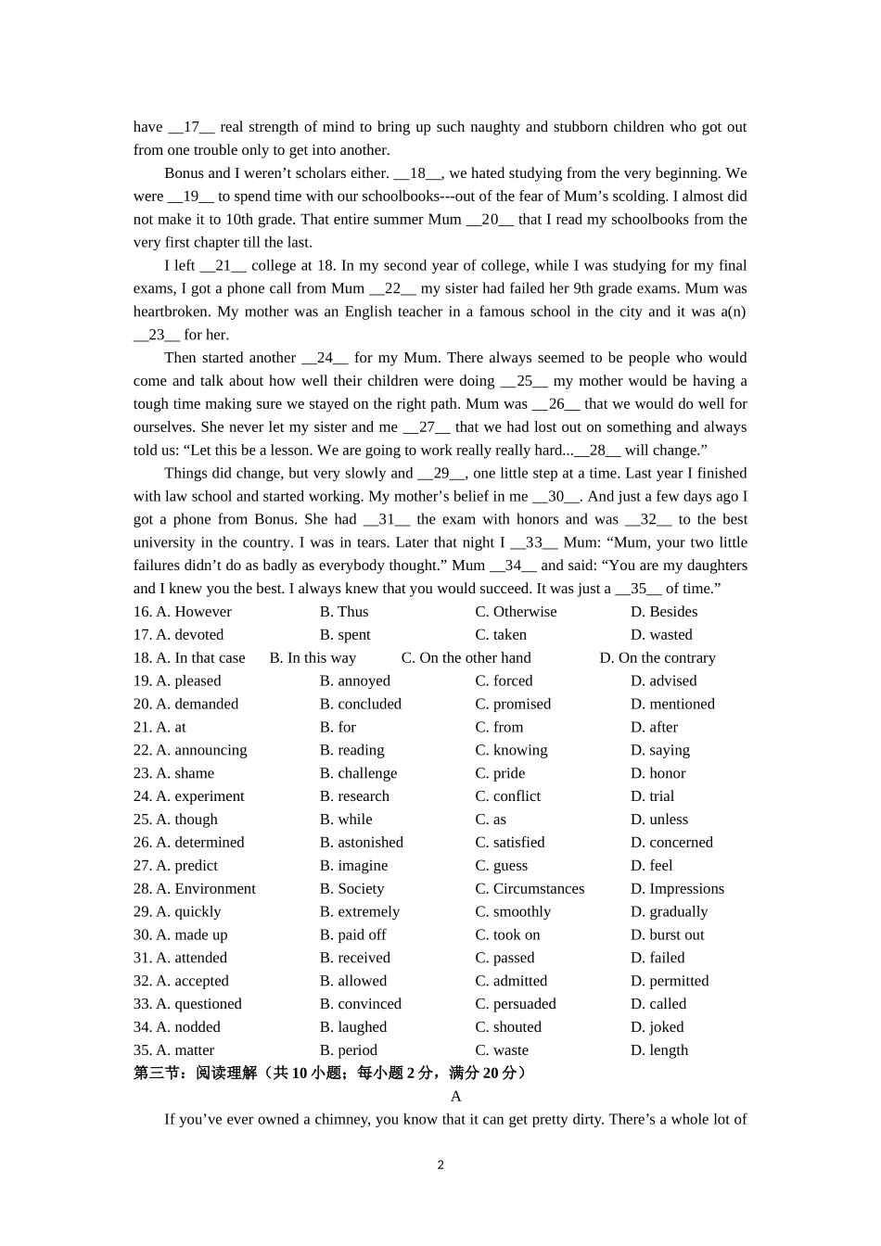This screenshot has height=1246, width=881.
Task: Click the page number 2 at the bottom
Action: pos(440,1164)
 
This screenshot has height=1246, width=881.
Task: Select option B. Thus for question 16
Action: pos(344,612)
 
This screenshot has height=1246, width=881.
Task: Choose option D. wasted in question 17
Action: pos(661,635)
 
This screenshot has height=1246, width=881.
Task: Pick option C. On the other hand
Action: pos(466,658)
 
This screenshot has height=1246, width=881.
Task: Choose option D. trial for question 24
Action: pos(652,796)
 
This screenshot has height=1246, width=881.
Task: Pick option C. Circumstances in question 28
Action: pos(530,889)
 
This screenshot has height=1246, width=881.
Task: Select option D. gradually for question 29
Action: pos(669,912)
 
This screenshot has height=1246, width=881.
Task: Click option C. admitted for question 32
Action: pos(511,981)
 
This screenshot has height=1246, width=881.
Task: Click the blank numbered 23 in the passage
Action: pos(156,335)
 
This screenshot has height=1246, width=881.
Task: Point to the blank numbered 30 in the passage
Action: pos(556,497)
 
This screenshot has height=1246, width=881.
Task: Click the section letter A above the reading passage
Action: pos(455,1097)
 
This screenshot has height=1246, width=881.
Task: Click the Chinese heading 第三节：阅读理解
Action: pos(196,1074)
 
